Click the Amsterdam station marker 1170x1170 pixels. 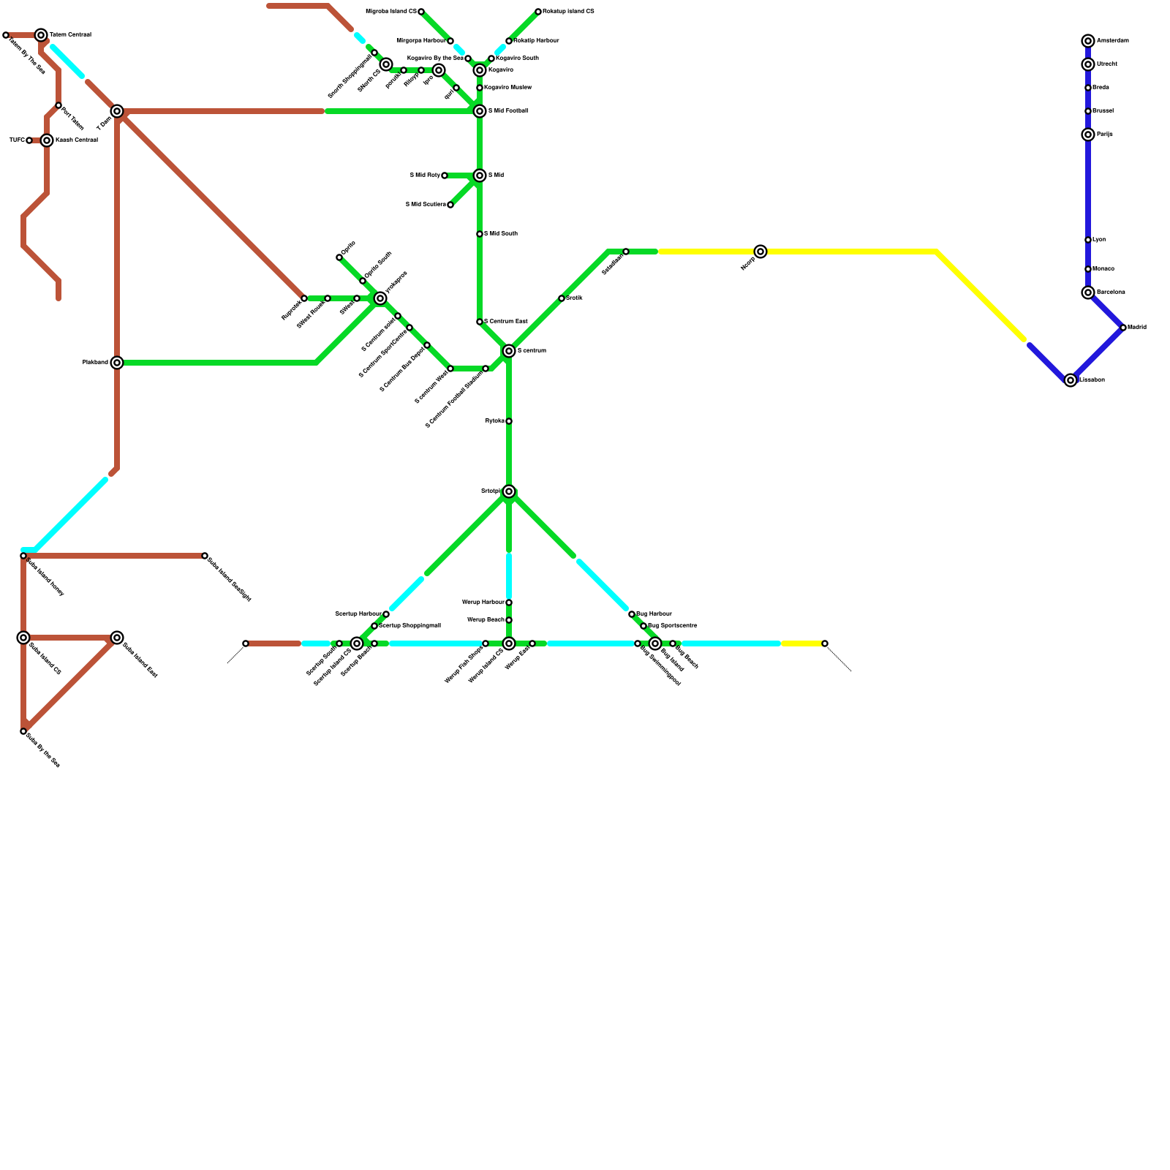point(1088,41)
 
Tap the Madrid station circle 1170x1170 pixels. point(1123,328)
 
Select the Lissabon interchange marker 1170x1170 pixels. point(1071,380)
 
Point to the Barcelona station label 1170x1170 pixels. point(1111,292)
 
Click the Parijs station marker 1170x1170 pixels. point(1088,135)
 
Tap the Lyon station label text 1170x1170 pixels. point(1099,240)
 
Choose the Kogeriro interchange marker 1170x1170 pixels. point(480,70)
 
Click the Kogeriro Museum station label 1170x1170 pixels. point(507,88)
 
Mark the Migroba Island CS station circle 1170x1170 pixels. point(421,12)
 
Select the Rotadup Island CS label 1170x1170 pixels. point(568,12)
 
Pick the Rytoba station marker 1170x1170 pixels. point(509,421)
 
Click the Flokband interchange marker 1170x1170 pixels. point(117,363)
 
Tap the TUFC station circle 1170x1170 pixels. point(29,140)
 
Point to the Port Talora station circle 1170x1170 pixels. point(58,105)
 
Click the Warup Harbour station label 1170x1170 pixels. point(483,603)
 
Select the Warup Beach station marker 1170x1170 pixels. point(509,620)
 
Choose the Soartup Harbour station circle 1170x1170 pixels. point(386,614)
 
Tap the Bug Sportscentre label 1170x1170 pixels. point(672,626)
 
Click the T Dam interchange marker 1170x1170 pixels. point(117,111)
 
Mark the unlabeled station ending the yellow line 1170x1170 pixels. point(825,643)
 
